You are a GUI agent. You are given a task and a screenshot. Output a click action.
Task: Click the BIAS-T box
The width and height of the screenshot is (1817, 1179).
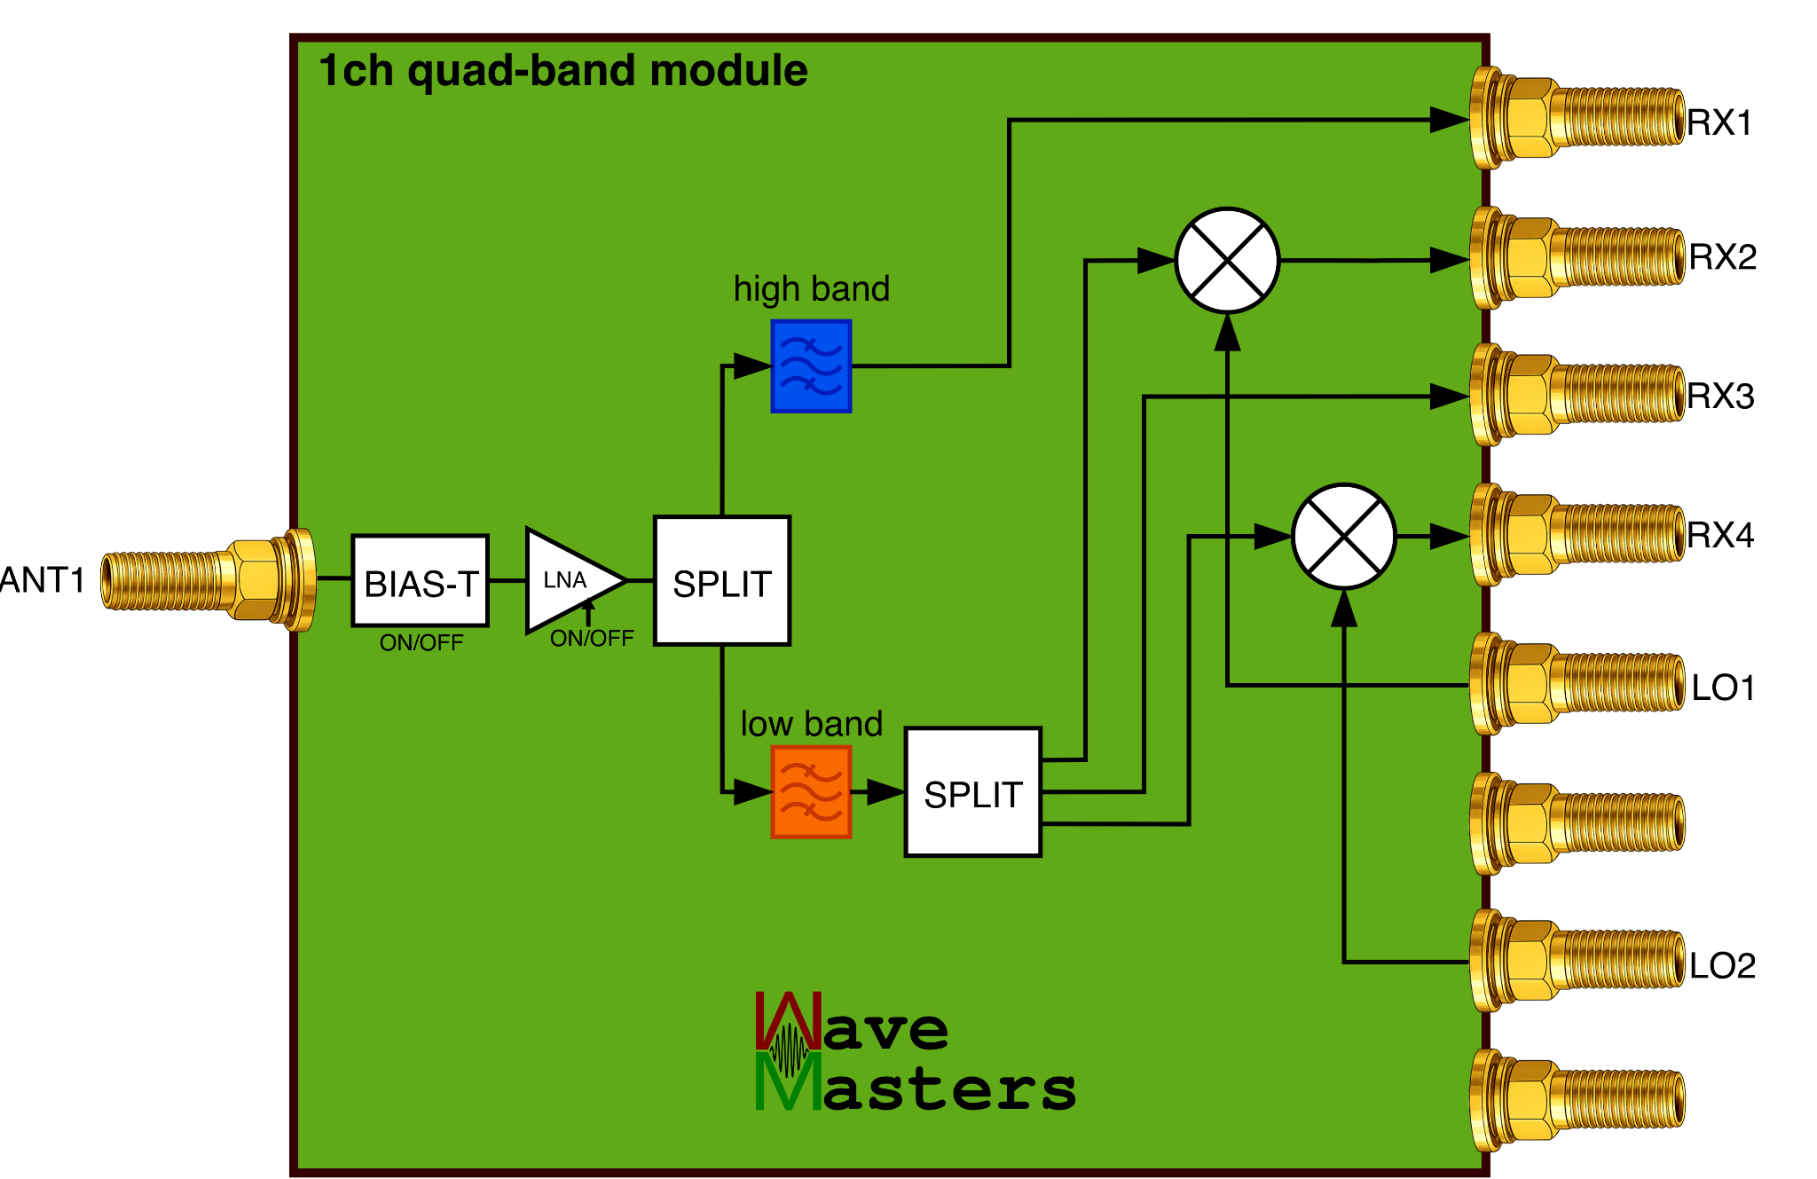(x=421, y=582)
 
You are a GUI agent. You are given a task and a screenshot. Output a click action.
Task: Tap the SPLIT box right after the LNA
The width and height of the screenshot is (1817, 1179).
(x=722, y=582)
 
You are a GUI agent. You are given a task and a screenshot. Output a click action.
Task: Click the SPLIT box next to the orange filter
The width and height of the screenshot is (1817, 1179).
(x=972, y=793)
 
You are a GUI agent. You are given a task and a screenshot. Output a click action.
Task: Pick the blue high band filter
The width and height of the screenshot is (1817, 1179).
(x=811, y=365)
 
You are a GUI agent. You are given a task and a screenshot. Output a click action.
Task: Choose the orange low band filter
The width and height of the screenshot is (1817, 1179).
(x=811, y=792)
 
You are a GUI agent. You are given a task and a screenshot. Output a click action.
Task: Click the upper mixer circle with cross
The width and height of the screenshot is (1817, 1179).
(x=1227, y=261)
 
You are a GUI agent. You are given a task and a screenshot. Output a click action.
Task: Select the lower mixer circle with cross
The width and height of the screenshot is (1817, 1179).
(x=1343, y=537)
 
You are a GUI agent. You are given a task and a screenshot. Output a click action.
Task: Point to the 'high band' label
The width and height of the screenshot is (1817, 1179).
(x=811, y=289)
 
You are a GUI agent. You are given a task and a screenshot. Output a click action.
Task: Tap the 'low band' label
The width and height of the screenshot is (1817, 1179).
(x=811, y=724)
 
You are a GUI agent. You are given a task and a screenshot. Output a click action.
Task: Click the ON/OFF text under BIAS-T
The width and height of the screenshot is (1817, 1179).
(x=421, y=643)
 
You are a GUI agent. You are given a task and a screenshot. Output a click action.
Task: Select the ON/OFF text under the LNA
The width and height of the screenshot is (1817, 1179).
(x=592, y=639)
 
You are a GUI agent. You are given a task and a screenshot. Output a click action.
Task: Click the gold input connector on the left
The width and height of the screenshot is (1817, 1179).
(x=208, y=580)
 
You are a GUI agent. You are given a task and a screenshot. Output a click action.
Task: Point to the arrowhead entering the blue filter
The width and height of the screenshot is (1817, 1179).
(x=752, y=365)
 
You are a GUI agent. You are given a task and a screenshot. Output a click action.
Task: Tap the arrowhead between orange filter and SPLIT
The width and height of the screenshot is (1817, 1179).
(x=884, y=792)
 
